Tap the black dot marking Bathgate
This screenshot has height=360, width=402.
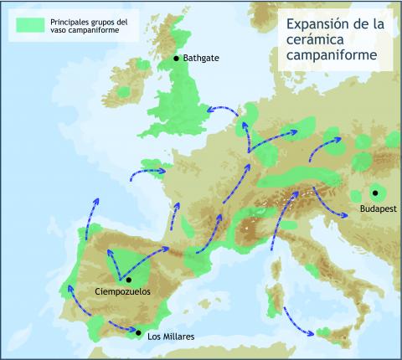point(176,59)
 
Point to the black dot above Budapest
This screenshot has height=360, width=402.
point(374,193)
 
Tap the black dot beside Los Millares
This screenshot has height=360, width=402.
point(138,333)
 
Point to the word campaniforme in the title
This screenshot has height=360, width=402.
point(331,57)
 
